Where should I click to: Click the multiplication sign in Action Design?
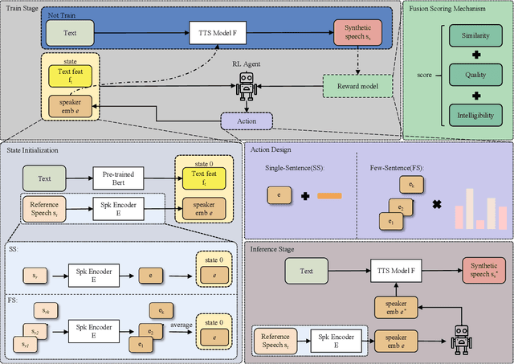click(x=437, y=204)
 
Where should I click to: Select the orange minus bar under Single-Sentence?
click(x=329, y=195)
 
